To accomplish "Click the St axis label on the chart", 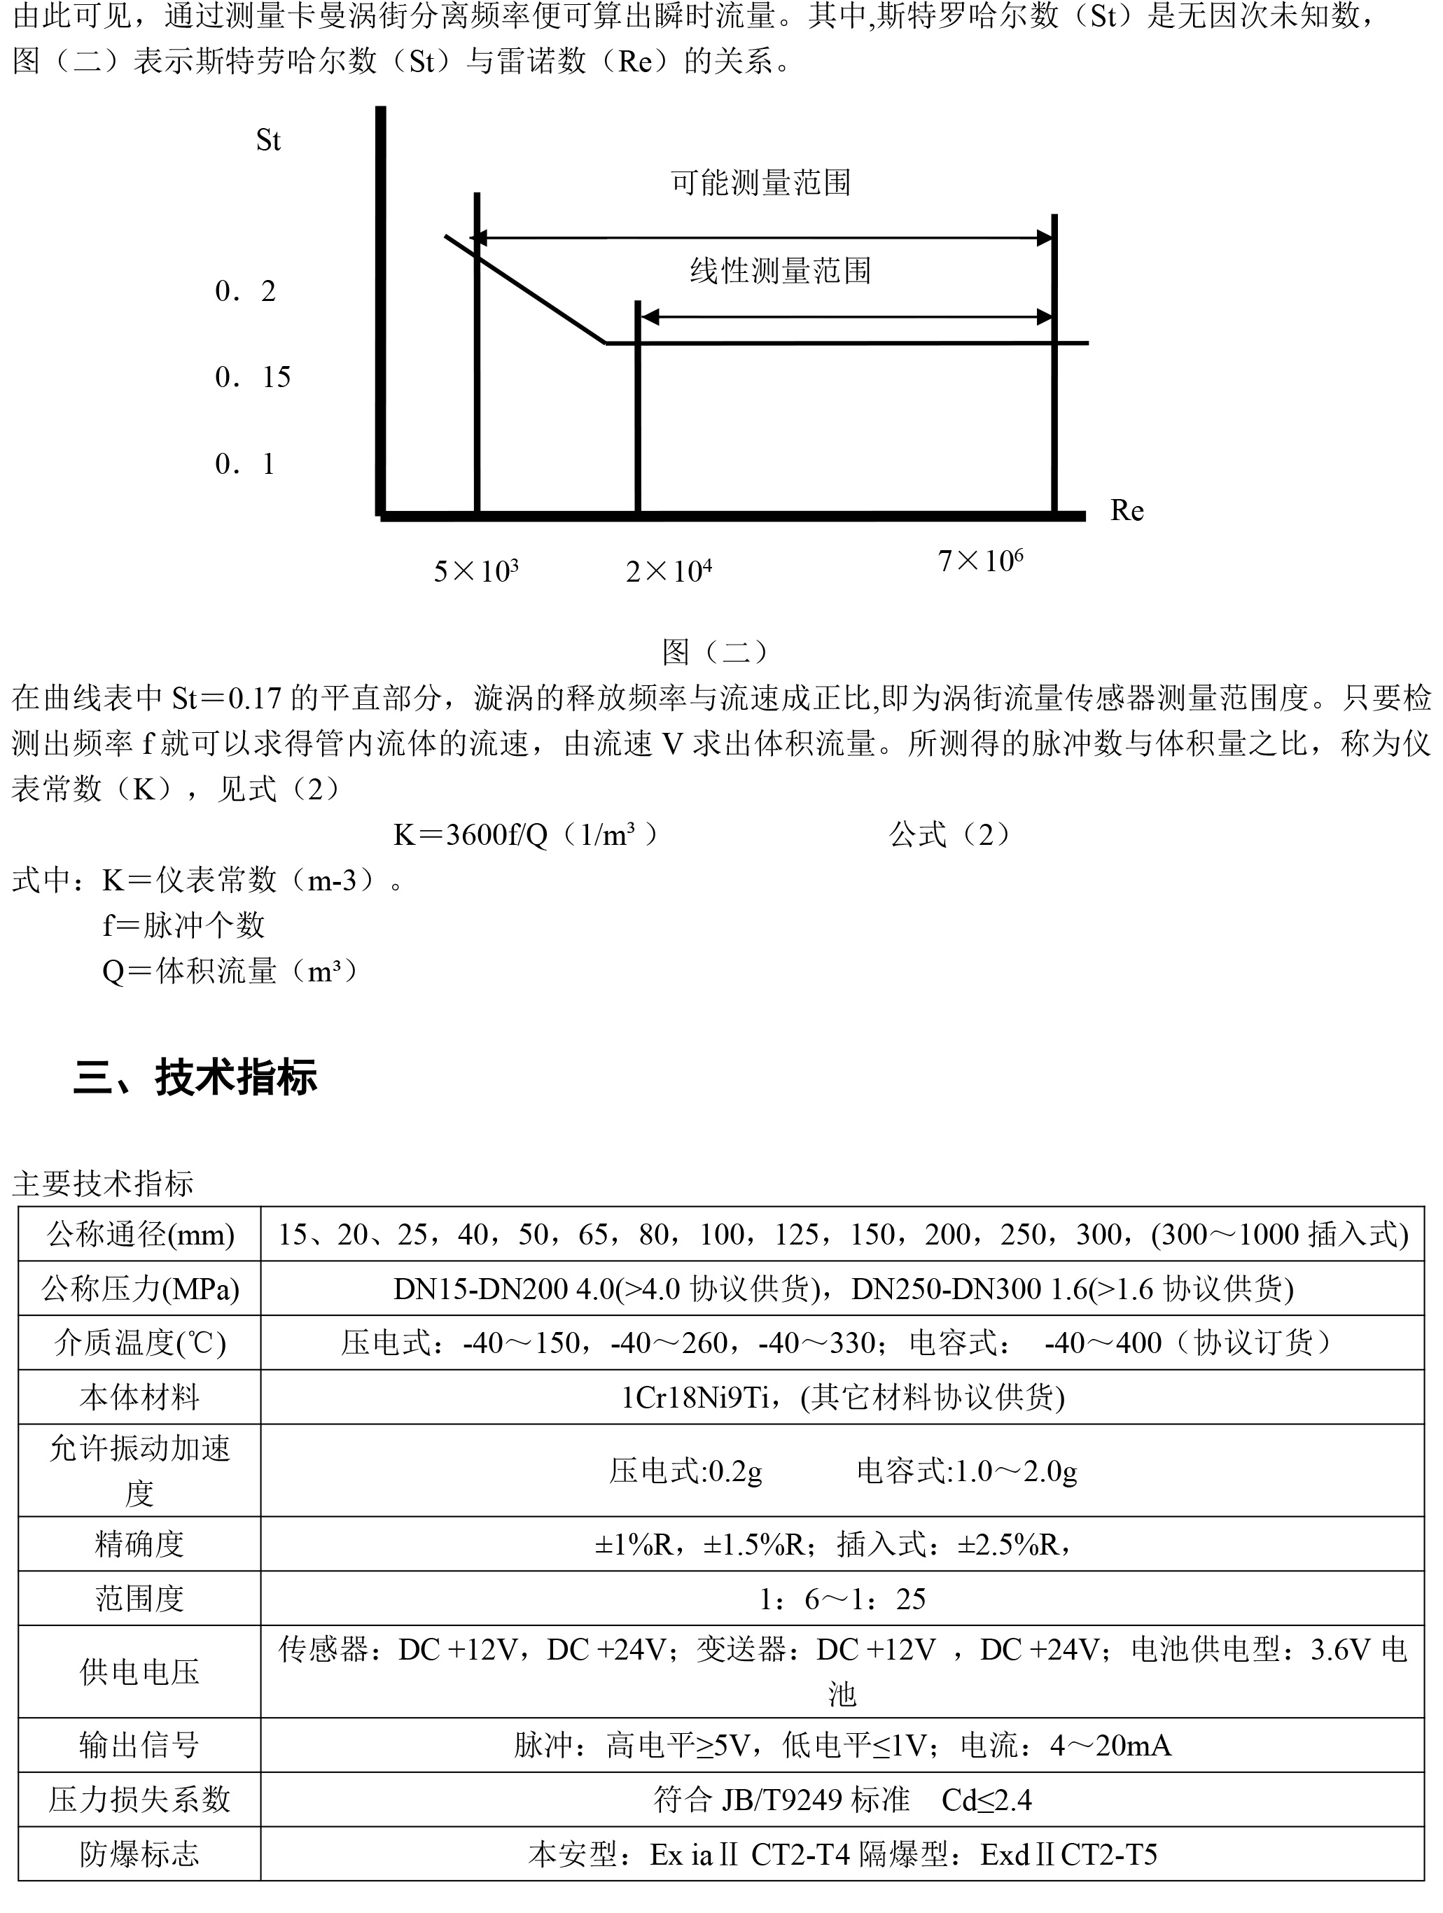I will tap(268, 140).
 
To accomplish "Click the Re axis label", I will tap(1127, 511).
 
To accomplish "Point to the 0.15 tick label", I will tap(253, 377).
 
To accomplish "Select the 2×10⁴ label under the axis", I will tap(669, 570).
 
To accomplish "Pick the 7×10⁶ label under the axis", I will tap(980, 561).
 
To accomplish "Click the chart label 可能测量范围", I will tap(760, 183).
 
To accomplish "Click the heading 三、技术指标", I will tap(195, 1077).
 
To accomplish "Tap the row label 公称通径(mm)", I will tap(140, 1234).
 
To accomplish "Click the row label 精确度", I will tap(140, 1543).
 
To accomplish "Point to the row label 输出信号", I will tap(140, 1745).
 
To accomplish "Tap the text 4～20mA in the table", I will tap(1111, 1745).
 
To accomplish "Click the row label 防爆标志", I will tap(140, 1854).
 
